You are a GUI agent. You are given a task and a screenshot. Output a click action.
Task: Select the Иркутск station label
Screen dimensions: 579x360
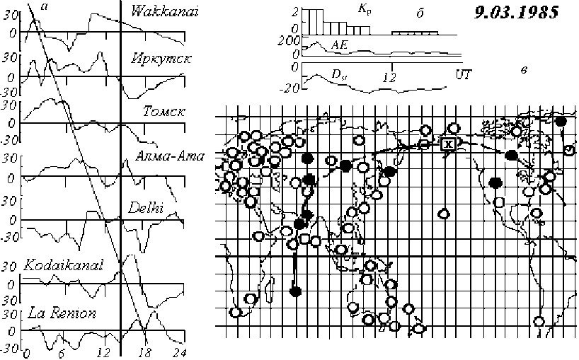(160, 57)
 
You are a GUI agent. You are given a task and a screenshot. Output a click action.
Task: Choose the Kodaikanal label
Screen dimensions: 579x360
(64, 266)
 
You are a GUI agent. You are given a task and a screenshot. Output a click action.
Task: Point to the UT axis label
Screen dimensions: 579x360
(464, 73)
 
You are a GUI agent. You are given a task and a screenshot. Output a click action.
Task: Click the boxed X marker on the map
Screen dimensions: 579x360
(447, 144)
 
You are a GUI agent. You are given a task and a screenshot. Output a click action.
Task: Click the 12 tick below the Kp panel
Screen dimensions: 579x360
(389, 76)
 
